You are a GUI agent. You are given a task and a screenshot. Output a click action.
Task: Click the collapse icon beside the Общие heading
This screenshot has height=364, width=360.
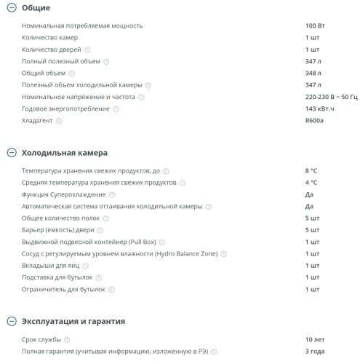[11, 8]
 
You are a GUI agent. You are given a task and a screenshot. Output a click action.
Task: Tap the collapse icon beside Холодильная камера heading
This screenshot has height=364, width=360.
[11, 153]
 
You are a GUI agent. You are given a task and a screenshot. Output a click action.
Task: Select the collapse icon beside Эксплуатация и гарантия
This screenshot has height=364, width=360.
[11, 321]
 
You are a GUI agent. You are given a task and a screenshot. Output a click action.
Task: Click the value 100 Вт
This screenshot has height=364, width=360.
[316, 25]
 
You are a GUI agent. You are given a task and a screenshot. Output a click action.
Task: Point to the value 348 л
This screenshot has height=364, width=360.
[313, 73]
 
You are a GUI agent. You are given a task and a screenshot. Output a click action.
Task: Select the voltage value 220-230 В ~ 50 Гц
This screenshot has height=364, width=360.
[331, 97]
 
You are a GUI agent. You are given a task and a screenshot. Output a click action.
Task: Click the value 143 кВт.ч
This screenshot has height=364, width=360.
[320, 108]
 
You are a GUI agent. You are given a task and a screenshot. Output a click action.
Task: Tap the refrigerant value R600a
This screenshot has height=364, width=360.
[315, 120]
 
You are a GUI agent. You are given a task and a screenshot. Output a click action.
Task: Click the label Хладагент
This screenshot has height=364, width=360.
[38, 120]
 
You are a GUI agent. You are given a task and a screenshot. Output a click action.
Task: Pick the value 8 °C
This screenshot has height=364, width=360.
[311, 170]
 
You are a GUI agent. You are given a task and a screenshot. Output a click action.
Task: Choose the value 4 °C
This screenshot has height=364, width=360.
[311, 183]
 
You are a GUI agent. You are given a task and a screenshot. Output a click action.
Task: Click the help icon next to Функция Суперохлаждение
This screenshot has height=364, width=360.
[112, 194]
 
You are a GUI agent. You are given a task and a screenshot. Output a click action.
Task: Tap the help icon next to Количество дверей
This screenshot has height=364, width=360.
[87, 50]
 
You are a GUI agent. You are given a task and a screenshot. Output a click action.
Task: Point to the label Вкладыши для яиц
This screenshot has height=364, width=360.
[49, 266]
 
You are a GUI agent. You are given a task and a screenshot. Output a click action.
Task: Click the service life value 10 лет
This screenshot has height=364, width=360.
[315, 339]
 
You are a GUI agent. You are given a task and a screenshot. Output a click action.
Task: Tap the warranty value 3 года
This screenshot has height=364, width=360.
[315, 352]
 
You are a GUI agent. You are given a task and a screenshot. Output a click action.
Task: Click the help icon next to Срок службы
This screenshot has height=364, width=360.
[67, 339]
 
